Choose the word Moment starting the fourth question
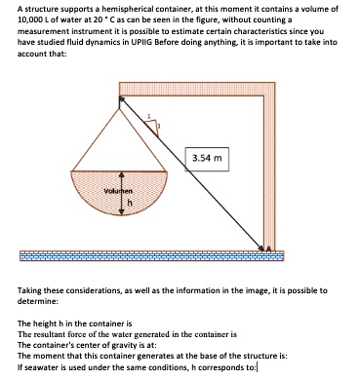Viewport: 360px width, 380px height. (42, 355)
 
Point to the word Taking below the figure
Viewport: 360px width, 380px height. (28, 289)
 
